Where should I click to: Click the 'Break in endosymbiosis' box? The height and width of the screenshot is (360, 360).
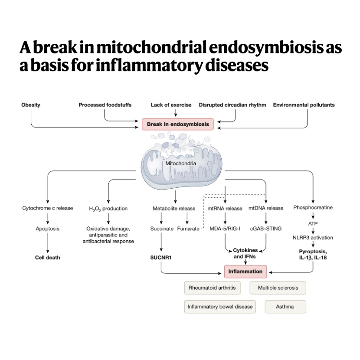pyautogui.click(x=178, y=124)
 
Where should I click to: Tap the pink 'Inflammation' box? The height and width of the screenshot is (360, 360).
pyautogui.click(x=245, y=272)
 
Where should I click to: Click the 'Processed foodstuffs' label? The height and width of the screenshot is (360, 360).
pyautogui.click(x=105, y=105)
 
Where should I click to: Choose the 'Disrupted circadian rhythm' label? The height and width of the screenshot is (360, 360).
pyautogui.click(x=232, y=105)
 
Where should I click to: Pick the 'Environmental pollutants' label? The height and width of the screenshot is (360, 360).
pyautogui.click(x=304, y=105)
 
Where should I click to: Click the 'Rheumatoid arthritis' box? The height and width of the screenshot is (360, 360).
pyautogui.click(x=213, y=288)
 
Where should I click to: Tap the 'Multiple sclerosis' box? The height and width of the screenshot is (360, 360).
pyautogui.click(x=278, y=288)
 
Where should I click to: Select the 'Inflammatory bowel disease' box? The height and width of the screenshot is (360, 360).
pyautogui.click(x=220, y=307)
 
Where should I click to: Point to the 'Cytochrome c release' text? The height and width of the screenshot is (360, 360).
pyautogui.click(x=48, y=208)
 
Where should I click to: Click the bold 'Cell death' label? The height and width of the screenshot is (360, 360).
pyautogui.click(x=48, y=258)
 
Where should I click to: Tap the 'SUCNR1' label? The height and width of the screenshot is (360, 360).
pyautogui.click(x=161, y=258)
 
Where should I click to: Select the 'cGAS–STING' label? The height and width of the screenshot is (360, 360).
pyautogui.click(x=265, y=229)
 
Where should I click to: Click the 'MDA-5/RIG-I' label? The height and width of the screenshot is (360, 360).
pyautogui.click(x=225, y=229)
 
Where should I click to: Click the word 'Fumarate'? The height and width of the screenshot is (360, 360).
pyautogui.click(x=188, y=229)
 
